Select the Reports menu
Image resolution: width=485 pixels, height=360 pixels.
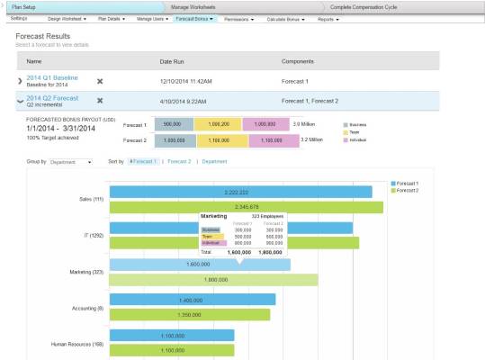click(328, 19)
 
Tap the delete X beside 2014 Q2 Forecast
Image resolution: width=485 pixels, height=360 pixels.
click(101, 102)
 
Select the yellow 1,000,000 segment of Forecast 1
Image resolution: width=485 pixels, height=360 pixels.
click(220, 124)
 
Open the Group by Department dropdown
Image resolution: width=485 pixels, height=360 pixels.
click(71, 161)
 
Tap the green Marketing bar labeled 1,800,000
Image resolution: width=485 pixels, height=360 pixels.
click(213, 280)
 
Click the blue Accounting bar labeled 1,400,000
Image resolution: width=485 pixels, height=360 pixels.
click(192, 300)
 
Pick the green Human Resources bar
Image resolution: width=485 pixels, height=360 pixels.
click(171, 349)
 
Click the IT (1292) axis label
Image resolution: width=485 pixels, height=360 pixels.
click(88, 235)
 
